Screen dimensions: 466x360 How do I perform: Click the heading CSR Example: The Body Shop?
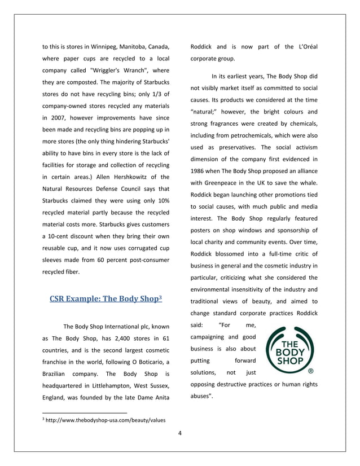pos(106,298)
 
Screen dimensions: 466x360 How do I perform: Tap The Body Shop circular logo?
pos(291,352)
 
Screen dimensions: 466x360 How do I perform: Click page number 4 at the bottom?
pos(179,433)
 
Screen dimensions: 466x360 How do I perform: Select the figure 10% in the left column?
pos(161,201)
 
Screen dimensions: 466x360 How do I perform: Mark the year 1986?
pos(199,171)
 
